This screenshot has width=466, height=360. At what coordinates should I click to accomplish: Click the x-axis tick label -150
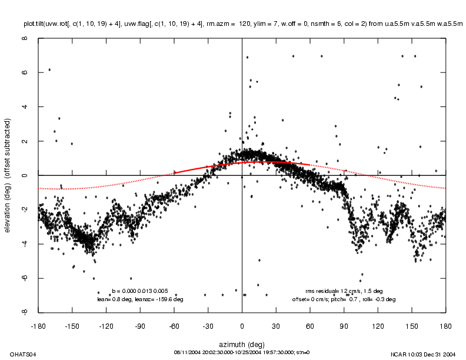click(x=72, y=325)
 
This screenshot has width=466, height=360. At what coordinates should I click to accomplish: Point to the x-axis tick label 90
click(x=344, y=325)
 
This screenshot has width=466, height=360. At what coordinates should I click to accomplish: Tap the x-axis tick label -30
click(x=208, y=325)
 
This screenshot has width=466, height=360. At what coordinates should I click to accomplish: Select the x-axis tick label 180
click(x=445, y=325)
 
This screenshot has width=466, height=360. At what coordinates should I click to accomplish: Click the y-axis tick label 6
click(x=25, y=73)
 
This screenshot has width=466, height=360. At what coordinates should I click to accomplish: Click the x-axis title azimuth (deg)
click(x=241, y=343)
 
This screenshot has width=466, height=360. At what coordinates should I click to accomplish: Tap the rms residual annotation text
click(x=344, y=291)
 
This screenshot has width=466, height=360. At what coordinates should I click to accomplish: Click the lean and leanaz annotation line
click(x=140, y=299)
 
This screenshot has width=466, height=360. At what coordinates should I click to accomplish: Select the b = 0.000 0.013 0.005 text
click(x=140, y=291)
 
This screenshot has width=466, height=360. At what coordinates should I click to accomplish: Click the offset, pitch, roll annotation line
click(x=344, y=299)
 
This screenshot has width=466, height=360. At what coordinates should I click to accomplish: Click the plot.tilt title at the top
click(x=242, y=24)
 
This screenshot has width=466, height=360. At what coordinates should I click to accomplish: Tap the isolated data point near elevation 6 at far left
click(x=49, y=69)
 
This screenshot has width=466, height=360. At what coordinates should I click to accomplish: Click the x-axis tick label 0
click(x=242, y=325)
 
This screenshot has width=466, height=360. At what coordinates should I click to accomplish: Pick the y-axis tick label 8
click(x=25, y=39)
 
